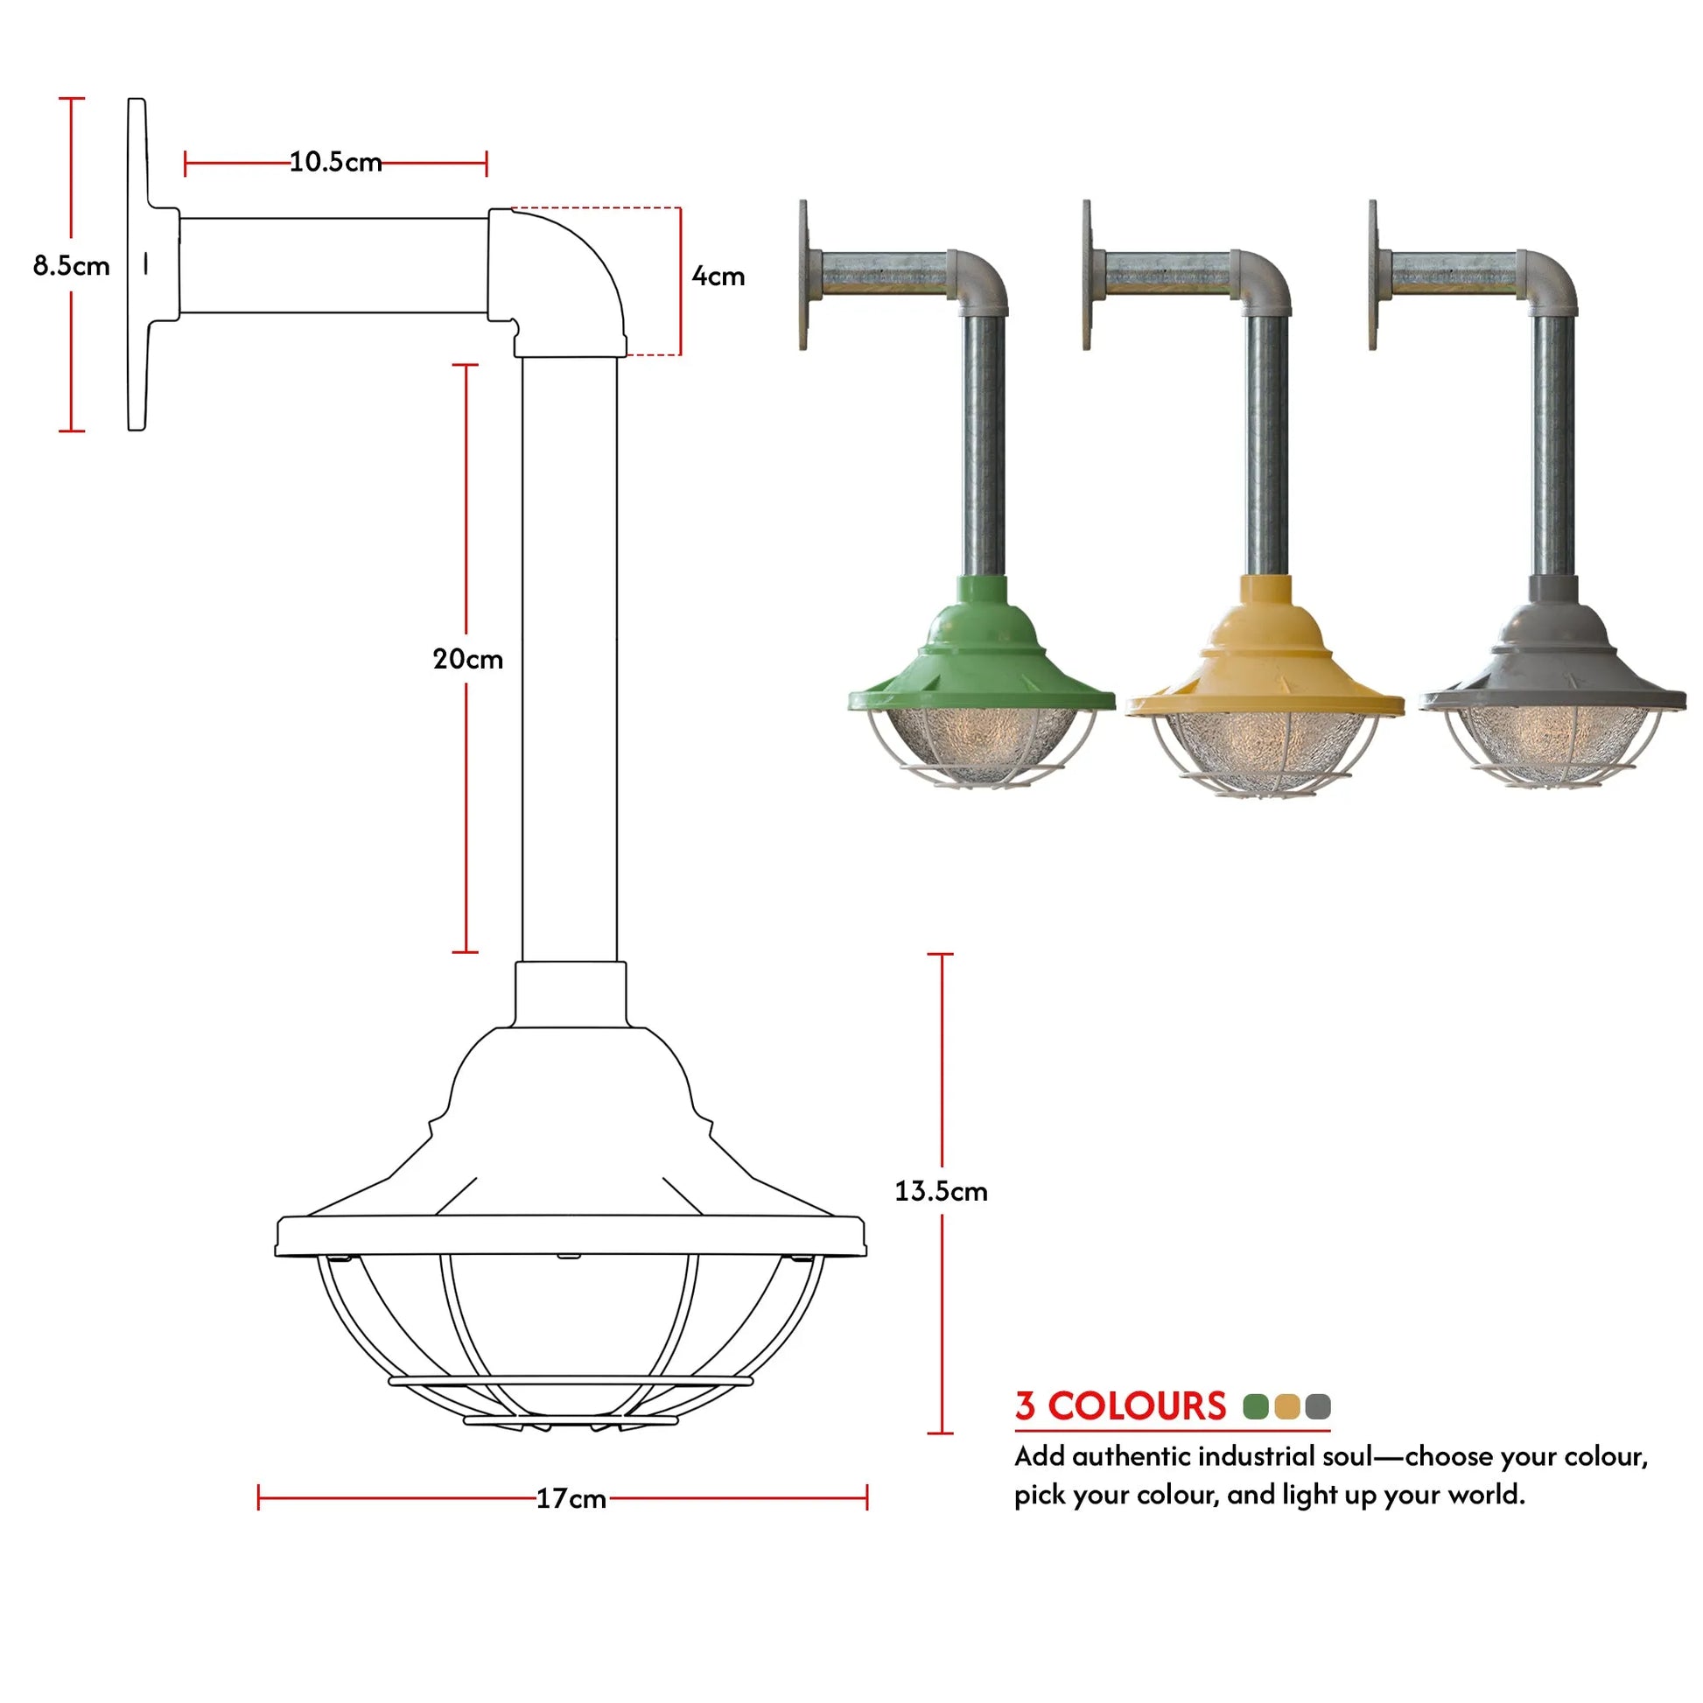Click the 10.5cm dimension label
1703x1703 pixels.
(336, 162)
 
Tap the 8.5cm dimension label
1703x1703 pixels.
(72, 265)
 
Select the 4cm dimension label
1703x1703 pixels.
(718, 276)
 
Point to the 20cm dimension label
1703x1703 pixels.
(468, 658)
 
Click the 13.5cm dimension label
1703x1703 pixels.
(942, 1191)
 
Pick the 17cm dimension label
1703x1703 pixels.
(571, 1498)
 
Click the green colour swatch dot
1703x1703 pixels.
(1255, 1406)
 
